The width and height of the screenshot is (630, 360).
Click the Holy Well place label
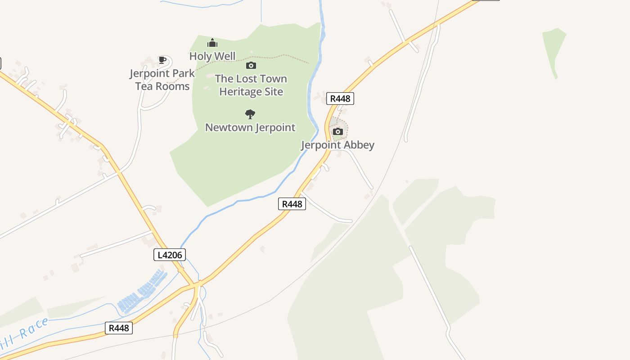coord(212,56)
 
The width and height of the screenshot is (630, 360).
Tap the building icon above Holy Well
coord(212,43)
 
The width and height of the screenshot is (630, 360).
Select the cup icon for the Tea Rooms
coord(162,60)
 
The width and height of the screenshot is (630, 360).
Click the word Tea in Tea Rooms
coord(144,86)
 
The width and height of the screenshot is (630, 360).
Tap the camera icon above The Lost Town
coord(251,66)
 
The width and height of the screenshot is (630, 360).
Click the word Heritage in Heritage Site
coord(238,92)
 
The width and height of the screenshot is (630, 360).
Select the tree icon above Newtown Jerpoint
coord(250,114)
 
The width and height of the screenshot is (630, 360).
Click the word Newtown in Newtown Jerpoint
coord(229,127)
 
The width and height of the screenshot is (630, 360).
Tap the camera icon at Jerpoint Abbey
coord(337,131)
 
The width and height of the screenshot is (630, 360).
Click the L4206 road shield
coord(169,255)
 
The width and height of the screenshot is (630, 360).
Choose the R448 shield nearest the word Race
coord(119,328)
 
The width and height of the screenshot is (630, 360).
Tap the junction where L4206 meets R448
coord(197,284)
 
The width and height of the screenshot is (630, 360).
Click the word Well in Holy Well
coord(225,56)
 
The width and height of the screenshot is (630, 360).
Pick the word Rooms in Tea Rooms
coord(172,86)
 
